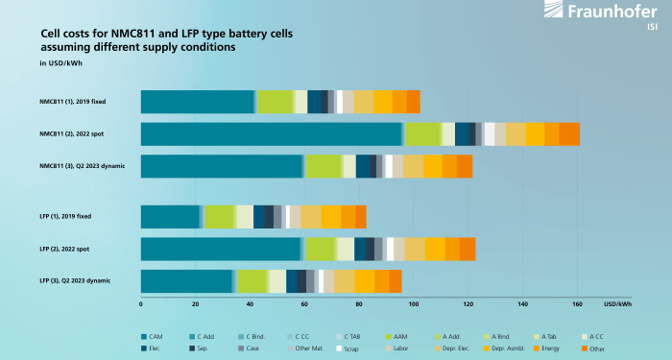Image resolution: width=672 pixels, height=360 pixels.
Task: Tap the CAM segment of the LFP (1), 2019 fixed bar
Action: (x=170, y=217)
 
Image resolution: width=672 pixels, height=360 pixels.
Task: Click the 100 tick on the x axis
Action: (x=414, y=305)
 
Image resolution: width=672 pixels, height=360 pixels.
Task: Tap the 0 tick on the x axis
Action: (x=141, y=305)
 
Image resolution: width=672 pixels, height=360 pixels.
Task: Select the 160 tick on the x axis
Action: (x=577, y=305)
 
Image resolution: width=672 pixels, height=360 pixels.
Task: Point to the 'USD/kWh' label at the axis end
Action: (x=618, y=305)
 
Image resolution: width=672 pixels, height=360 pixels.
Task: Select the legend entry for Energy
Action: (x=548, y=348)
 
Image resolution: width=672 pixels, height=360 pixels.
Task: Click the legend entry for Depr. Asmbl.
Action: (x=500, y=348)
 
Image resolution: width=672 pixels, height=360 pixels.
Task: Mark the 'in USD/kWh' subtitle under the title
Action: (x=58, y=64)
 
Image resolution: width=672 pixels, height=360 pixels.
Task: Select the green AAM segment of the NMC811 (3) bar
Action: (x=324, y=166)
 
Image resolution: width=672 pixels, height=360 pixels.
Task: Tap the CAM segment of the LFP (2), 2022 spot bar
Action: (x=221, y=249)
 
